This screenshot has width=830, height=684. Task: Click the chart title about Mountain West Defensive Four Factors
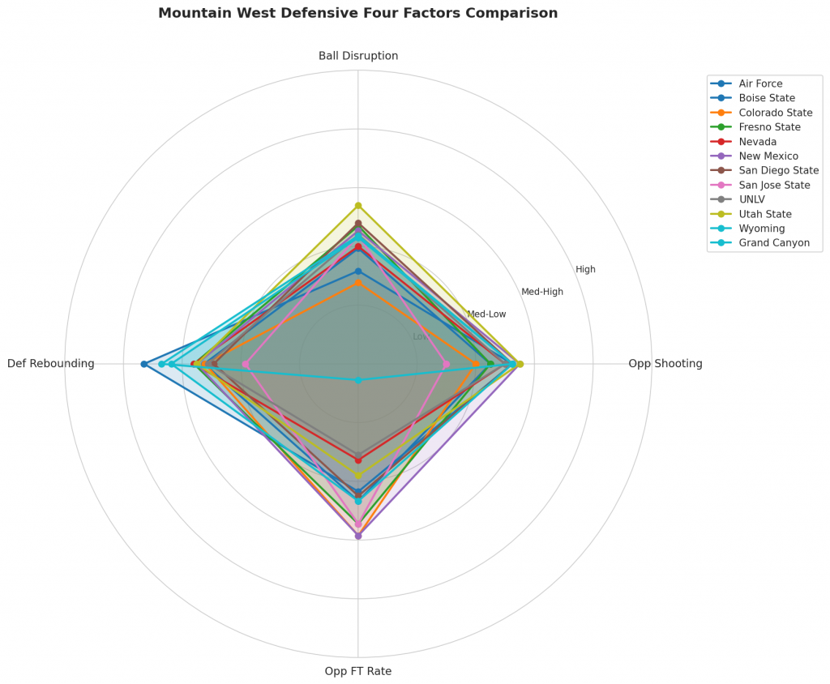point(357,14)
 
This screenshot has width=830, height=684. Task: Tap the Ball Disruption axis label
point(358,56)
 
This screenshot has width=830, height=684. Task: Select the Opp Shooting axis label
point(665,364)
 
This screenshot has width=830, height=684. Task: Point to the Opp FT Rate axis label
point(358,671)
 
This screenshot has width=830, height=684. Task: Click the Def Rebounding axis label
point(51,364)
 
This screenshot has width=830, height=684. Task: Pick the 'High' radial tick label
point(585,270)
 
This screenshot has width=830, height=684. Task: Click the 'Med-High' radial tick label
point(542,292)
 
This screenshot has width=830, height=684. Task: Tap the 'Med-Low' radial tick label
point(486,314)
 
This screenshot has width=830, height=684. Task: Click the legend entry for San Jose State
point(774,185)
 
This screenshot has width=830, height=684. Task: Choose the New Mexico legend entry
point(768,156)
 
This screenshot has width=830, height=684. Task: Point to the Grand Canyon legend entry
point(774,243)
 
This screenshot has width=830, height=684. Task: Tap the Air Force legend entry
point(760,83)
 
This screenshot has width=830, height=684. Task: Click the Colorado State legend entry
point(776,112)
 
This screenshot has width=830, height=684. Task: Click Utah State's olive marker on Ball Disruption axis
point(358,206)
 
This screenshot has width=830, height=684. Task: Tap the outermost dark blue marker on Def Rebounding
point(143,364)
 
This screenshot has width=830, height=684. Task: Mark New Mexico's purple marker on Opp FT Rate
point(358,536)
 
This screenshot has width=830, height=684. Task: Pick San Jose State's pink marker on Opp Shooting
point(447,364)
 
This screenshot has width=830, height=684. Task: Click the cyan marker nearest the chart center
point(358,380)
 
